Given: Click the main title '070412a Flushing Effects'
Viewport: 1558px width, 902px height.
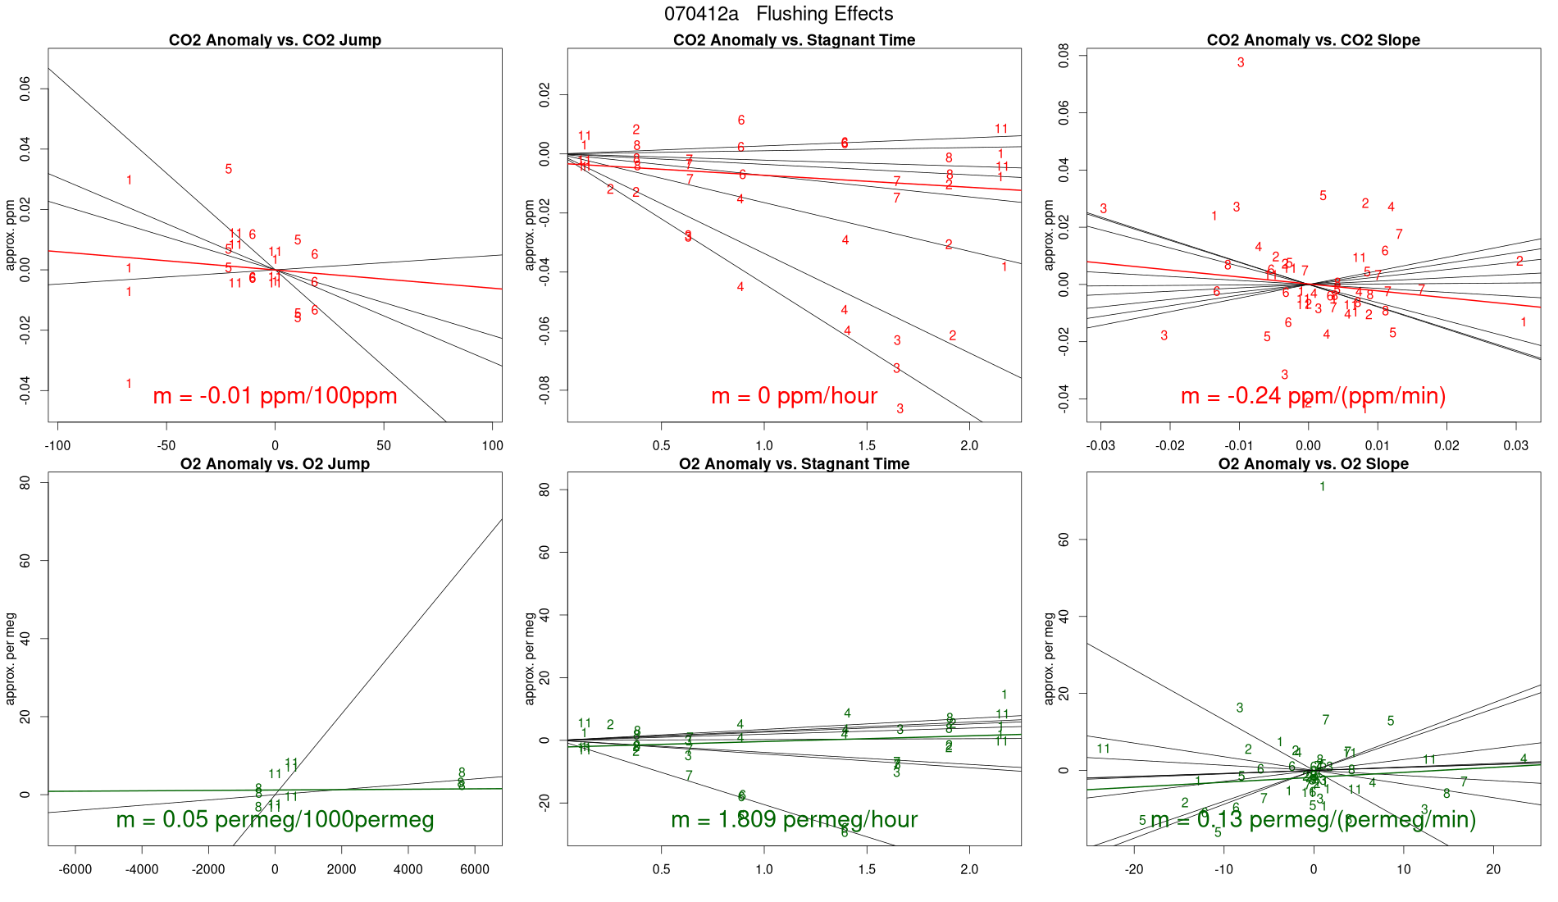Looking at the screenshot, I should click(x=778, y=14).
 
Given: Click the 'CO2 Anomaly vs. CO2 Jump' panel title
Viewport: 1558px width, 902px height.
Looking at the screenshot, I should click(x=275, y=40).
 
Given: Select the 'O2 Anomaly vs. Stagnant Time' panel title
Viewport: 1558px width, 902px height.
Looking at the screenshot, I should click(x=794, y=464).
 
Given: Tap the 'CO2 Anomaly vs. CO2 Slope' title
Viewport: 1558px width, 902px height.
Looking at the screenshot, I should click(x=1313, y=40).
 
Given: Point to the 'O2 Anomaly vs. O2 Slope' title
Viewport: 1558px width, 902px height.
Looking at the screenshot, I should click(x=1313, y=464).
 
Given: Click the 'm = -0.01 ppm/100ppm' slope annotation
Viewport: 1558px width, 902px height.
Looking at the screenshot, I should click(x=275, y=396).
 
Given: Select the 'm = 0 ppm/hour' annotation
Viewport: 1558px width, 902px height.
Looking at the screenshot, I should click(x=794, y=396).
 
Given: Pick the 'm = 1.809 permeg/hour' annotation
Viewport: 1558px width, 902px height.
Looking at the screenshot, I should click(x=794, y=819).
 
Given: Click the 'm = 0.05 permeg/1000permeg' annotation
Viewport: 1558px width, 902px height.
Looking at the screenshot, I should click(x=275, y=819).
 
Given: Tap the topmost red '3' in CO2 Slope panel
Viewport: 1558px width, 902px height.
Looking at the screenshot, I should click(x=1241, y=62).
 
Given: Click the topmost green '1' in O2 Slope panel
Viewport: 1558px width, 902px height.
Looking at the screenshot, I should click(x=1323, y=486).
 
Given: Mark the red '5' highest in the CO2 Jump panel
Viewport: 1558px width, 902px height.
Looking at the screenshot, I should click(x=229, y=169).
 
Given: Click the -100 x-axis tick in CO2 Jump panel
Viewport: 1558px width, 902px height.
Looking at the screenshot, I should click(x=57, y=445).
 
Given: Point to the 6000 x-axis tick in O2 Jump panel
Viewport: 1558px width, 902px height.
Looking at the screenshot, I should click(x=475, y=869).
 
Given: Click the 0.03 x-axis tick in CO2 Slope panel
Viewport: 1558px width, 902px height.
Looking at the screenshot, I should click(x=1515, y=445).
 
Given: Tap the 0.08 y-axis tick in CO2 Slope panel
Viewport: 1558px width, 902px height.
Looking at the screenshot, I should click(x=1064, y=55).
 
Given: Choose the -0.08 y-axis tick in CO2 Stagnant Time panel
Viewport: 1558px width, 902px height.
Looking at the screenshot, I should click(x=544, y=390).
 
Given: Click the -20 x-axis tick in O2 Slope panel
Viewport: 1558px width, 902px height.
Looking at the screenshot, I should click(x=1134, y=869).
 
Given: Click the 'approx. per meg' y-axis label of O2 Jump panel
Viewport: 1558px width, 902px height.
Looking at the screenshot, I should click(x=11, y=658).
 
